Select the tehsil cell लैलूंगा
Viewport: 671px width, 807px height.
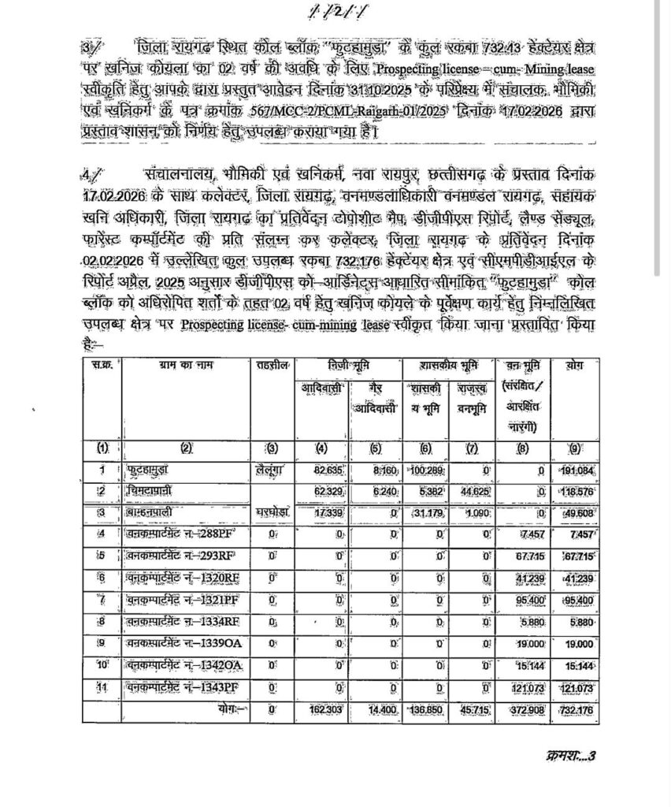(x=272, y=471)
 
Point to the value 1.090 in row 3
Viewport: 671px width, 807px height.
(x=473, y=515)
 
